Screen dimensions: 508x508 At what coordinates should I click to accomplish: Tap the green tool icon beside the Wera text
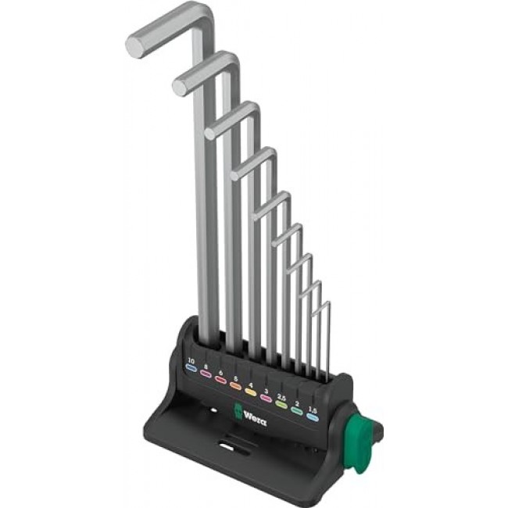(x=232, y=407)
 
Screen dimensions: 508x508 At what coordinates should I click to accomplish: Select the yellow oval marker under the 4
(x=251, y=383)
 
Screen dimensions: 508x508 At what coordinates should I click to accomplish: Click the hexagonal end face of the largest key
(x=135, y=46)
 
